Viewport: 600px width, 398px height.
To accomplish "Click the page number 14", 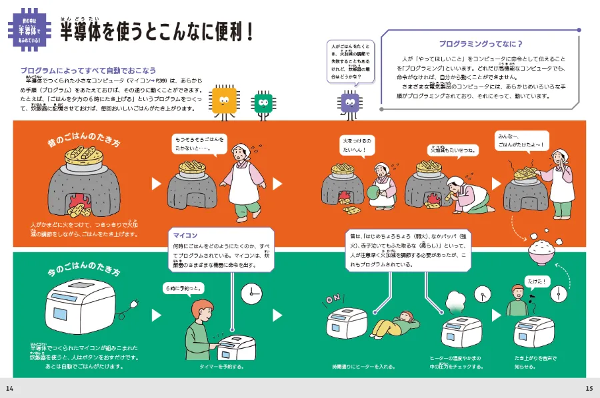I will tap(9, 389).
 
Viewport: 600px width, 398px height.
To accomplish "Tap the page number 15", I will tap(589, 389).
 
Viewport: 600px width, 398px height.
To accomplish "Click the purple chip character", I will tap(349, 102).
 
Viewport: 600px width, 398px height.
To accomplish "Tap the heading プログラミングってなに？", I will tap(480, 45).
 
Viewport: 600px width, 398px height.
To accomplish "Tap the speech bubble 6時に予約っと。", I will tap(183, 288).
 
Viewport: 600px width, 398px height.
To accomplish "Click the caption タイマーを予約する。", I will tap(221, 366).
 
